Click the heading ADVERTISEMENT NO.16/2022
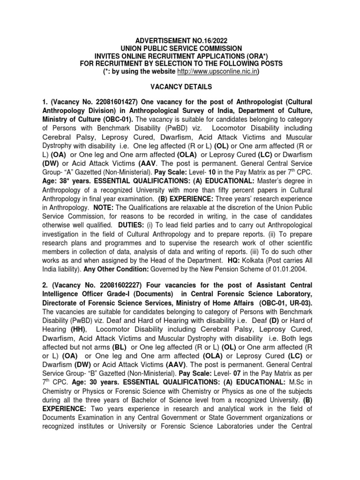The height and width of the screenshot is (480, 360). click(x=180, y=41)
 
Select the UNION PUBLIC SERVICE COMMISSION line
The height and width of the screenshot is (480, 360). click(x=180, y=49)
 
